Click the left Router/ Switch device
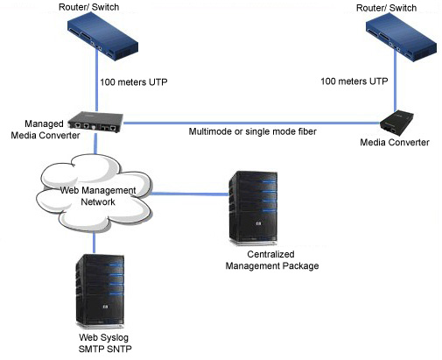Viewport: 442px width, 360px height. (x=102, y=37)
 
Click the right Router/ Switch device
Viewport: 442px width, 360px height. (x=402, y=38)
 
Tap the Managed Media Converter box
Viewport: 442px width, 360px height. (x=95, y=122)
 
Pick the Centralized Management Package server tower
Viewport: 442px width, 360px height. (x=253, y=208)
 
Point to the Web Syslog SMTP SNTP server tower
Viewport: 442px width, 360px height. (x=100, y=291)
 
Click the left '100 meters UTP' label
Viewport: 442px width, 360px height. (x=134, y=82)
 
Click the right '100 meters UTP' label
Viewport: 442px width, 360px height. (x=354, y=81)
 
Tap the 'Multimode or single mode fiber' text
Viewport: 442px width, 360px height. (x=253, y=131)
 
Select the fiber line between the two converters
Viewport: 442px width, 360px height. (x=251, y=123)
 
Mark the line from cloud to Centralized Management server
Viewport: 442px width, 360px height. (x=190, y=194)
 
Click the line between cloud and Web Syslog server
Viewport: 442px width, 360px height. (x=94, y=243)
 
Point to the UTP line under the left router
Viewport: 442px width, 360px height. (x=96, y=80)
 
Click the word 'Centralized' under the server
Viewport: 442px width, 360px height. (x=270, y=254)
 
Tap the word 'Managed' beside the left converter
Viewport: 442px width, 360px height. (x=44, y=124)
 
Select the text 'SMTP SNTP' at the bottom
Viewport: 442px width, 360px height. (x=105, y=349)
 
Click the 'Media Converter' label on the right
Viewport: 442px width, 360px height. (x=395, y=142)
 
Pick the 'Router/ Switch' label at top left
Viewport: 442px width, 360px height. (x=89, y=7)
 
